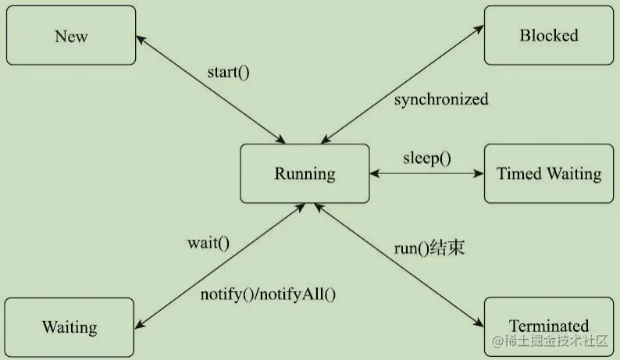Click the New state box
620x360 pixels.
tap(71, 36)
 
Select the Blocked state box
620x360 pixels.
tap(548, 35)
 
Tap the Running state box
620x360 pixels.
tap(304, 173)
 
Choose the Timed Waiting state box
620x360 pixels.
tap(549, 173)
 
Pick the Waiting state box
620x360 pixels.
tap(69, 327)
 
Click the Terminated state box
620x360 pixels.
tap(549, 326)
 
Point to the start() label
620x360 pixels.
tap(228, 73)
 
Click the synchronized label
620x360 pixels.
tap(441, 100)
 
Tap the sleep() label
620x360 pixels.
tap(427, 157)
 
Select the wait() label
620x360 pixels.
tap(208, 242)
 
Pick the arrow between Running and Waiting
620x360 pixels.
tap(219, 266)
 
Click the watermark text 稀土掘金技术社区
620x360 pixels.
tap(550, 341)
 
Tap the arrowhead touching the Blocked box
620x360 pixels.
tap(481, 24)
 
